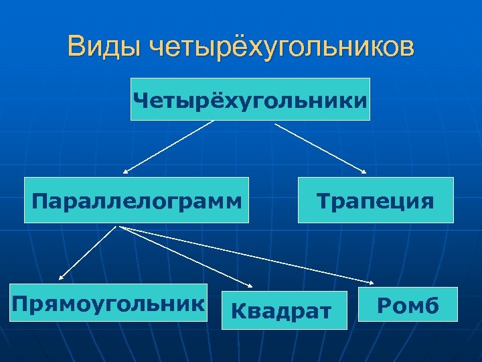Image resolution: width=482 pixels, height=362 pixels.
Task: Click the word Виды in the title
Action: tap(103, 48)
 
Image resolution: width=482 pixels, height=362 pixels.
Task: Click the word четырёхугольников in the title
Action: tap(282, 48)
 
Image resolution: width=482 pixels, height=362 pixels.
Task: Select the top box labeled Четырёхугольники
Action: tap(250, 99)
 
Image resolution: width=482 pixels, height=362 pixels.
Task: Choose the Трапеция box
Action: tap(376, 200)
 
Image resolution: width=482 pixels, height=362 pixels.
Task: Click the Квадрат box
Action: tap(284, 310)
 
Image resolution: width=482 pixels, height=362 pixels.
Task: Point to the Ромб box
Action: tap(408, 306)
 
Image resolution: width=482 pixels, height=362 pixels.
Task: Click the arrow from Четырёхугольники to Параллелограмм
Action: tap(167, 147)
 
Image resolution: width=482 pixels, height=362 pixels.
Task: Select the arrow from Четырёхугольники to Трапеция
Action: tap(321, 147)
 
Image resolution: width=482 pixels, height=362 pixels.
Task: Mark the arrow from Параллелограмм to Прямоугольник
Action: tap(89, 252)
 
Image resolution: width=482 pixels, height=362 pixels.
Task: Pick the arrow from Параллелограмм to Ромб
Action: tap(248, 254)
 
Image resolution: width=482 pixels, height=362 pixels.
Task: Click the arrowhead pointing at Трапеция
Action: tap(364, 171)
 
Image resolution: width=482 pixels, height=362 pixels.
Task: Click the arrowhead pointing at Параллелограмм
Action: tap(126, 172)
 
